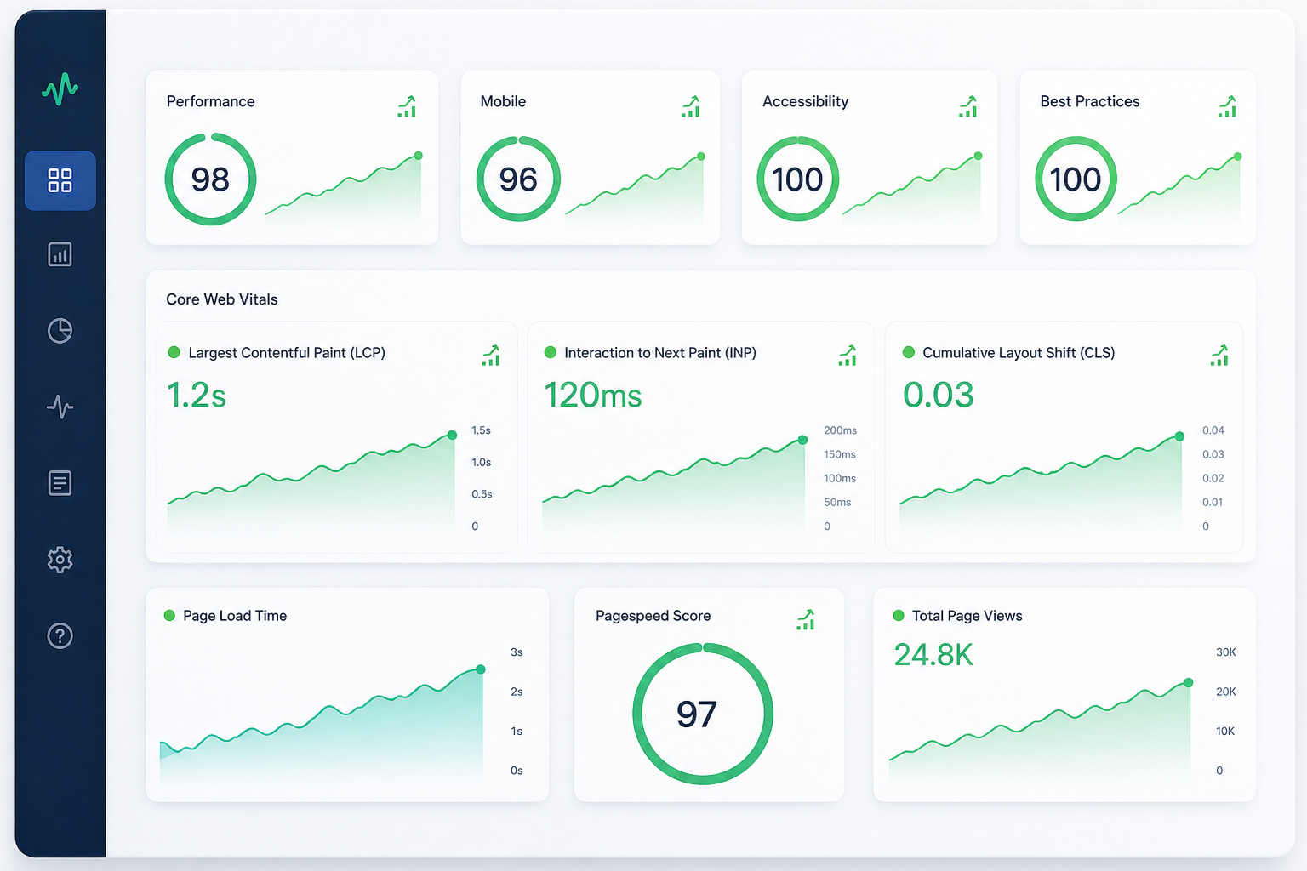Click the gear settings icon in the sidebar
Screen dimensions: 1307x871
[60, 560]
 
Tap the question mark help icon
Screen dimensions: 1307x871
[60, 636]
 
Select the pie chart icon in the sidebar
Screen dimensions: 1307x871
[60, 331]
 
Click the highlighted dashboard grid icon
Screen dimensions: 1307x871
[60, 180]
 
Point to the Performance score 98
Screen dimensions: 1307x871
[210, 179]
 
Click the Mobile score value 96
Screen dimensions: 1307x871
[518, 179]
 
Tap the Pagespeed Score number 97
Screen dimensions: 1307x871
[697, 714]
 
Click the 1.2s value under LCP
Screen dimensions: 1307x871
[196, 395]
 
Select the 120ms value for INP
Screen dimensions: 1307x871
[593, 395]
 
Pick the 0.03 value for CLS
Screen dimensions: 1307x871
[939, 395]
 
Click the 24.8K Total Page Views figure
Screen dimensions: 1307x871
[933, 655]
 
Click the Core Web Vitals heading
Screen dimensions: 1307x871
[222, 299]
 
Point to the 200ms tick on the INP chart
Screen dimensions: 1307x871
[840, 430]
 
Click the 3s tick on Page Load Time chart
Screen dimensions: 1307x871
[517, 652]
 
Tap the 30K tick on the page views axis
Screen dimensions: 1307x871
[1226, 652]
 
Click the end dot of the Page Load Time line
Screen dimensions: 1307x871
[480, 669]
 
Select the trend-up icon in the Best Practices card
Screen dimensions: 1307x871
[1227, 106]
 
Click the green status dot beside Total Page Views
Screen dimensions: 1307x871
[899, 616]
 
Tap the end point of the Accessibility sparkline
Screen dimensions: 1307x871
[978, 156]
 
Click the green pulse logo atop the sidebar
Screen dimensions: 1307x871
[60, 88]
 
